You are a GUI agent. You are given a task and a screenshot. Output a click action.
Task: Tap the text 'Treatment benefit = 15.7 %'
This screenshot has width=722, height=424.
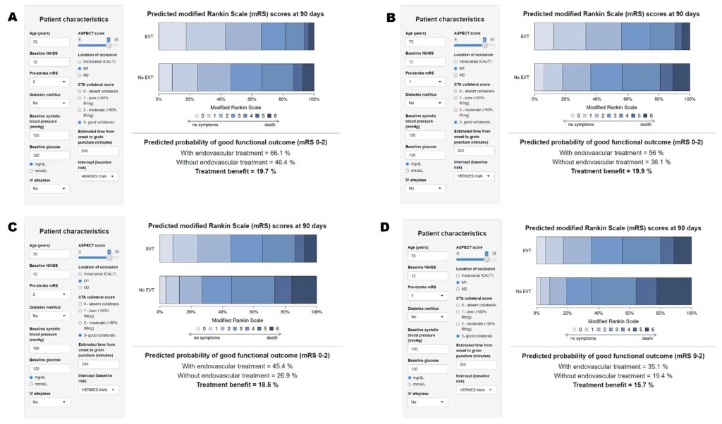pyautogui.click(x=613, y=385)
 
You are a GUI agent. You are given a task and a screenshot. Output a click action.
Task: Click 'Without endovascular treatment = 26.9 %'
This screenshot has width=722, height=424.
pyautogui.click(x=236, y=375)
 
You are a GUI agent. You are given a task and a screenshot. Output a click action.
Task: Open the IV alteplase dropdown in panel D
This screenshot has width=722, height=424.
pyautogui.click(x=427, y=402)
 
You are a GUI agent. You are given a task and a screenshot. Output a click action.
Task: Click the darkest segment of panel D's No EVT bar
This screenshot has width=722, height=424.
pyautogui.click(x=673, y=291)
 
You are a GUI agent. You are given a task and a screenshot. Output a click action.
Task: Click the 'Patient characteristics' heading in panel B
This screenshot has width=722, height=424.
pyautogui.click(x=449, y=19)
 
